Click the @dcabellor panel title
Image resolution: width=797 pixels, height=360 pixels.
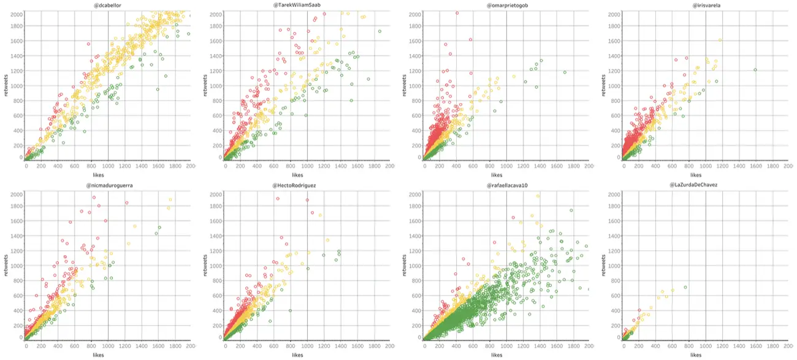tap(108, 5)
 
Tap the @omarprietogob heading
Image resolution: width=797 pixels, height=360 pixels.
tap(506, 5)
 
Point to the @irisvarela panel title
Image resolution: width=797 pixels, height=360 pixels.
tap(706, 5)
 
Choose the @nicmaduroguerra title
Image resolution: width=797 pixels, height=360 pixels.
tap(108, 185)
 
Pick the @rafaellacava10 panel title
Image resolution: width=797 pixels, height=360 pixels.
tap(506, 185)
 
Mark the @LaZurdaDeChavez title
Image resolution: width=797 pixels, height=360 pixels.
tap(706, 185)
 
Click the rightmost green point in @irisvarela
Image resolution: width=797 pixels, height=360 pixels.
tap(755, 70)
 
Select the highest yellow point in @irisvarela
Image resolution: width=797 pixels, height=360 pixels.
tap(720, 40)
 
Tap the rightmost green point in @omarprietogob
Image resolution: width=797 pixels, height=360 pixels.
tap(565, 72)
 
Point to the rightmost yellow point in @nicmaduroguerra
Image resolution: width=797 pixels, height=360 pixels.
tap(170, 200)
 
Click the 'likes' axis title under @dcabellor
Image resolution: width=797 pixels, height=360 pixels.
tap(108, 174)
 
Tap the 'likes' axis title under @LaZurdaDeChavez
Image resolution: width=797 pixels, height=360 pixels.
tap(696, 354)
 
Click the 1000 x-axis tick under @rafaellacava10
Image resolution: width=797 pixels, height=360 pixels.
tap(506, 347)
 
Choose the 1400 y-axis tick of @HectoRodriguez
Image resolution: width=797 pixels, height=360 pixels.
tap(216, 236)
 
